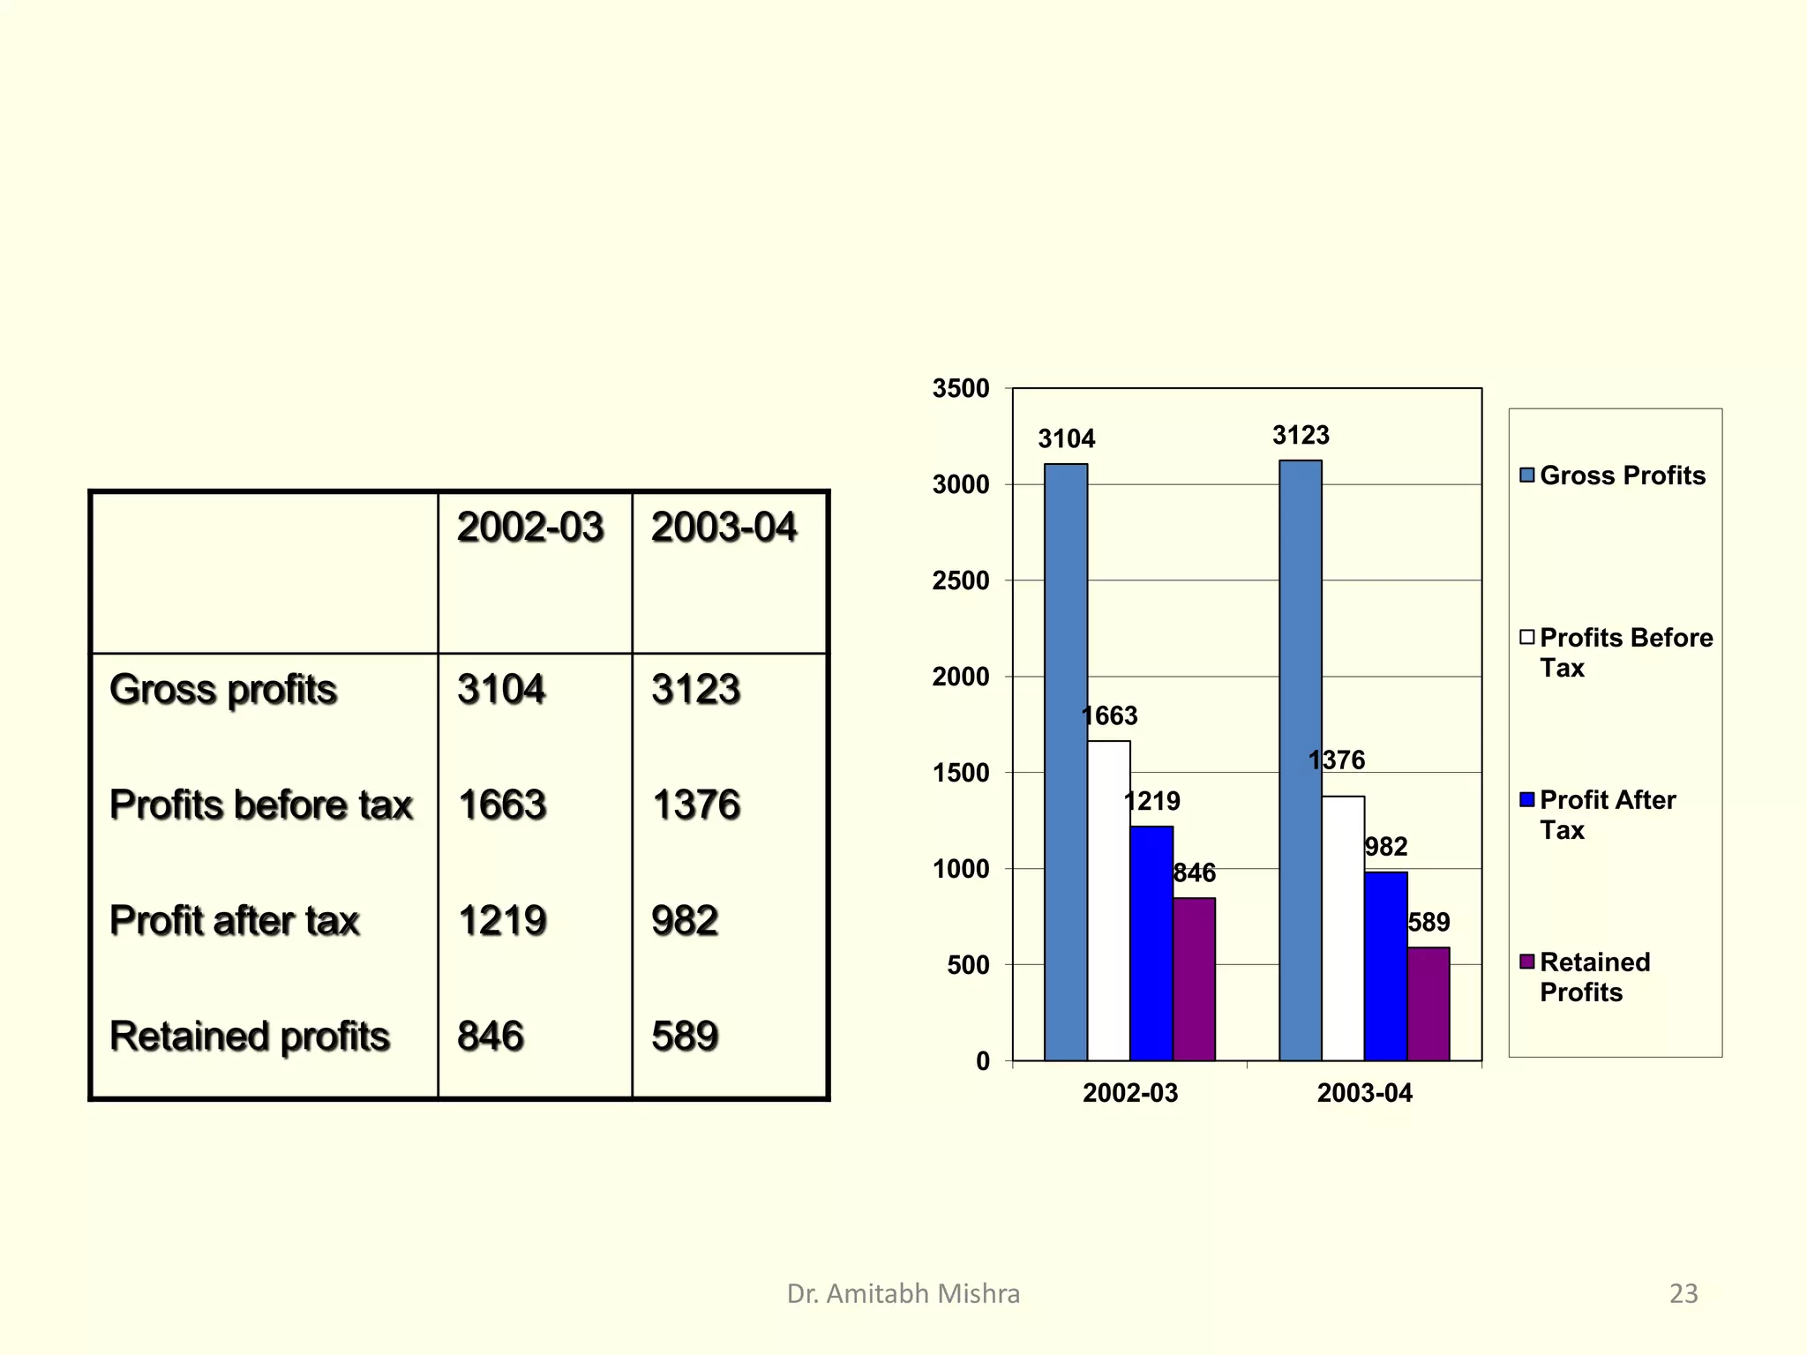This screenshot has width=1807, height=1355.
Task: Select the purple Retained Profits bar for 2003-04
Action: tap(1428, 1004)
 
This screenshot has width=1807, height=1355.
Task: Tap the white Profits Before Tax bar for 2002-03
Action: tap(1108, 900)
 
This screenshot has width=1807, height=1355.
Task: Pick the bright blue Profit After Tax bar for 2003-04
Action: tap(1385, 966)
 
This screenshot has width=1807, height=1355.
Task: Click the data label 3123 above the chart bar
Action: tap(1301, 435)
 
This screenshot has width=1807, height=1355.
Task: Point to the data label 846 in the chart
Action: tap(1194, 873)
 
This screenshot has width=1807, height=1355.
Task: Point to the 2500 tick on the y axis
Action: tap(961, 581)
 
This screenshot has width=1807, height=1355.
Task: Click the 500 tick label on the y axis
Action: tap(968, 965)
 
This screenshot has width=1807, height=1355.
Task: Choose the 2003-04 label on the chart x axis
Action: tap(1364, 1093)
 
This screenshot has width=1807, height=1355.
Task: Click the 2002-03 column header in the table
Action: tap(530, 528)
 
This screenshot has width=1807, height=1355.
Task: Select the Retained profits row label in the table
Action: tap(250, 1036)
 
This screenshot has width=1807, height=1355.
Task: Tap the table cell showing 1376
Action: tap(696, 805)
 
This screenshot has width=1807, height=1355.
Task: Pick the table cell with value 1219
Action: tap(502, 920)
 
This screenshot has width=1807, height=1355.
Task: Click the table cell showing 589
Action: tap(685, 1036)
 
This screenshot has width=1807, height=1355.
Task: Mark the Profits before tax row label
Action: tap(261, 805)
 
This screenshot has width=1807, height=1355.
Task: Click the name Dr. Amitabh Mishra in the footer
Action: tap(903, 1293)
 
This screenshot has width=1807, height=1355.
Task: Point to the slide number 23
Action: tap(1683, 1293)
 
